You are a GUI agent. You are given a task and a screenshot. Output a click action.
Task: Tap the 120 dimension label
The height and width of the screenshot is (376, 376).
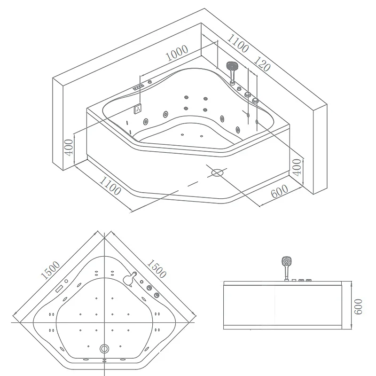pos(263,63)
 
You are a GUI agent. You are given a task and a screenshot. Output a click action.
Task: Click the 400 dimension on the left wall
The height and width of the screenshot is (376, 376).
pos(69,147)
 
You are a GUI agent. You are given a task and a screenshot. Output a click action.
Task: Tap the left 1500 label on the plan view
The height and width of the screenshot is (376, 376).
pos(50,271)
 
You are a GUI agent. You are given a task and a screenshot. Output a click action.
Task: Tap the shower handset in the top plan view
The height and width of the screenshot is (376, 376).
pos(129,279)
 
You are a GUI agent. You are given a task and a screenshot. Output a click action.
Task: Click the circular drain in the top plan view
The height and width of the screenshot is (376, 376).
pos(104,349)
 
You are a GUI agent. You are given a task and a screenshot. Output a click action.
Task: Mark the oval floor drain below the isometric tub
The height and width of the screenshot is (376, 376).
pos(217,172)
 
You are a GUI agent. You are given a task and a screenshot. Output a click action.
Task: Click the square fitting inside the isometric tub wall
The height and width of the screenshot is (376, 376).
pos(138,109)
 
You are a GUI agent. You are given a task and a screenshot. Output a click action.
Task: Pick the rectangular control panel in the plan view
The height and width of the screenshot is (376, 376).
pos(59,288)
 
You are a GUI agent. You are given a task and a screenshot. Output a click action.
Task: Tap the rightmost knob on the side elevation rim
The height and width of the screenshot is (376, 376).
pos(309,281)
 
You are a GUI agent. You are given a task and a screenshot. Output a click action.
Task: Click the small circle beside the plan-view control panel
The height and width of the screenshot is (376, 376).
pos(66,281)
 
